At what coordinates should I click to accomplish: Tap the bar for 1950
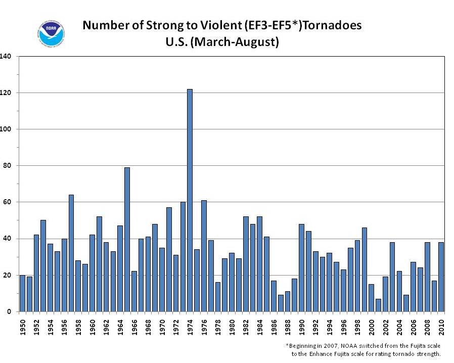point(22,293)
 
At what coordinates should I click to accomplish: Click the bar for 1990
point(301,268)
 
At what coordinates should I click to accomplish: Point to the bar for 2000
point(371,298)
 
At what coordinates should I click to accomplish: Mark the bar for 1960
point(92,273)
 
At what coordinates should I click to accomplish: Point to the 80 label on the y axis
point(7,166)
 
